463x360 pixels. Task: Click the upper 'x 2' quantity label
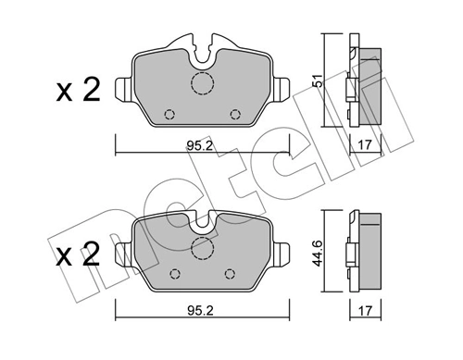pyautogui.click(x=77, y=90)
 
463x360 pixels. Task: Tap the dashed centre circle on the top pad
pyautogui.click(x=202, y=84)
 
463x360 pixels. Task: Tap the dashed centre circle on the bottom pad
pyautogui.click(x=202, y=248)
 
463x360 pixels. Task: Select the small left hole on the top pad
pyautogui.click(x=169, y=115)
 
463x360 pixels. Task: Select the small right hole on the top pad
pyautogui.click(x=234, y=115)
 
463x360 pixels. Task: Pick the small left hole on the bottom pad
pyautogui.click(x=175, y=274)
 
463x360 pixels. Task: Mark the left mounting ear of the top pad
pyautogui.click(x=124, y=90)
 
